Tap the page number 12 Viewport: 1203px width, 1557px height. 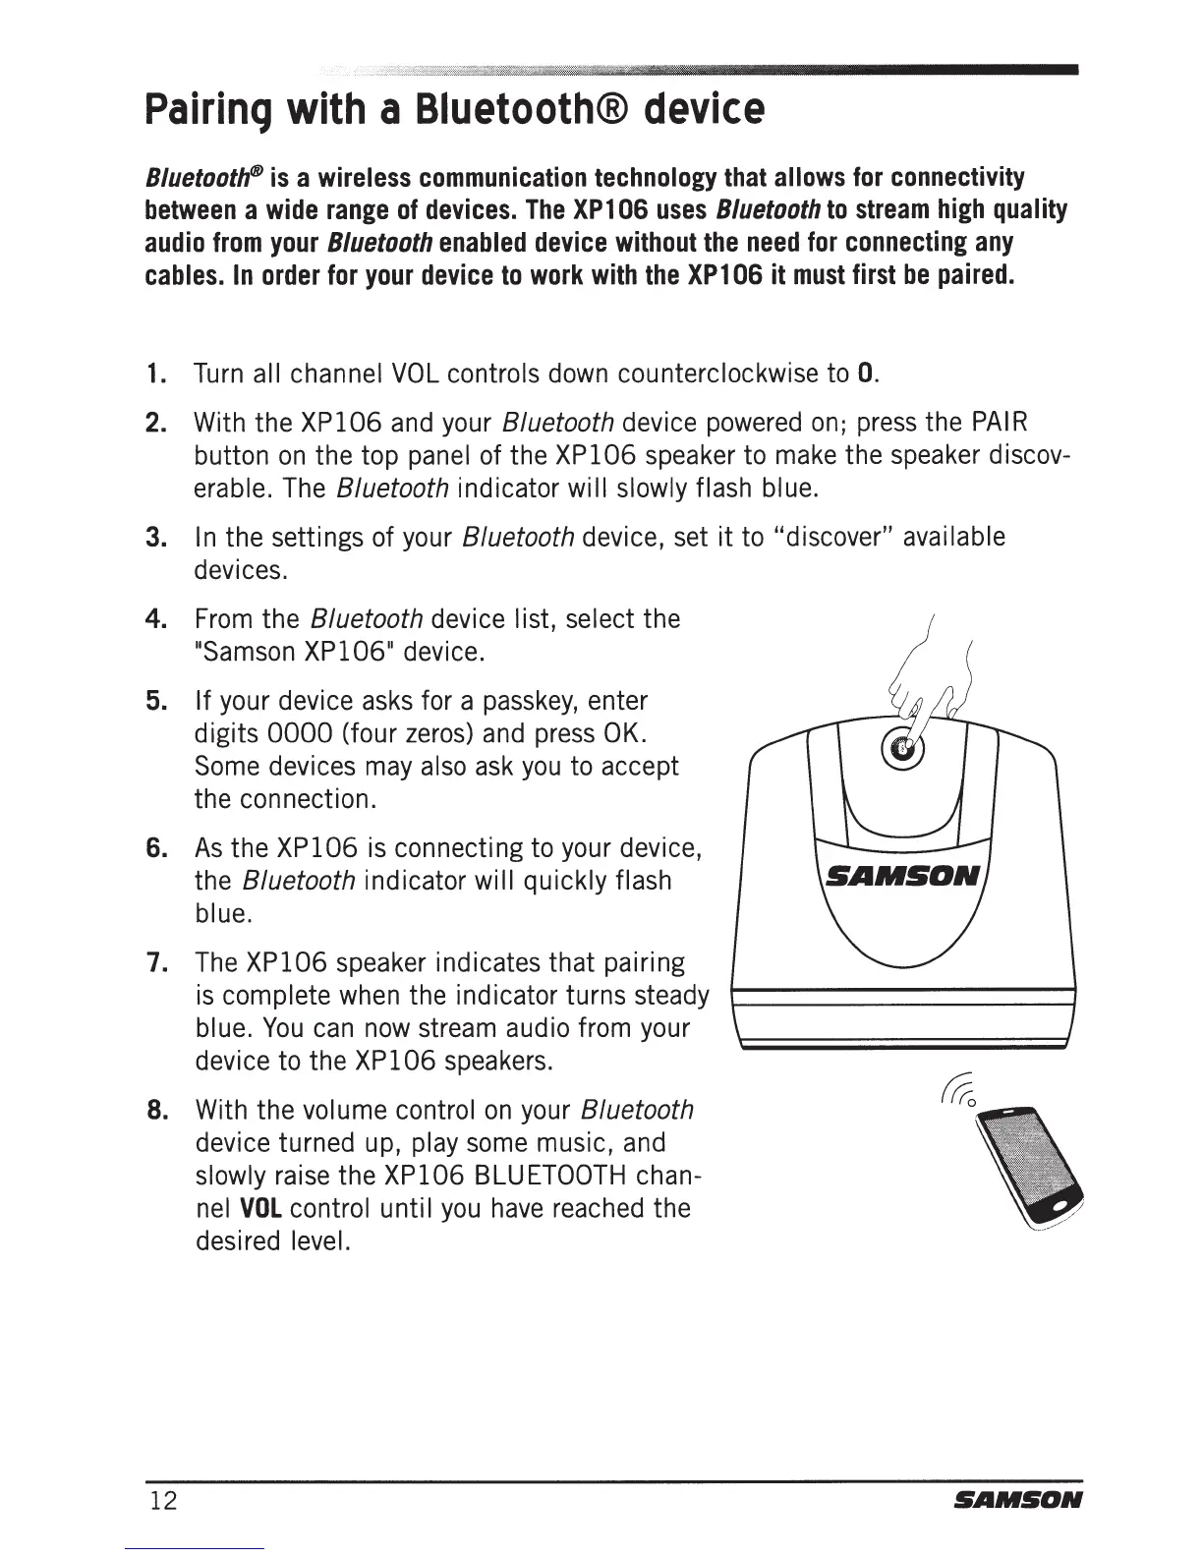point(164,1501)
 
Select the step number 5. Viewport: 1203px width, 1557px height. point(154,701)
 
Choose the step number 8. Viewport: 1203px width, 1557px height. point(154,1111)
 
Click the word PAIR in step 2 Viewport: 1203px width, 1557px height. point(1000,424)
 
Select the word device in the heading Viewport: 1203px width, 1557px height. point(704,111)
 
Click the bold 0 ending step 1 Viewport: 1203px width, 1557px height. point(865,375)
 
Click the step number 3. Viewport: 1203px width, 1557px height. point(154,538)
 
